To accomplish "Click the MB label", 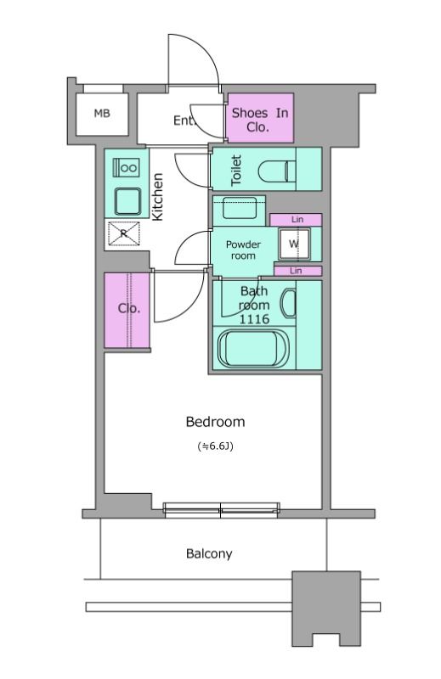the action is click(102, 114).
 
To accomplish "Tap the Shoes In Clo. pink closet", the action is click(260, 118).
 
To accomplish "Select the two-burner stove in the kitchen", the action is click(127, 167).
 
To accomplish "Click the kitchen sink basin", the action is click(127, 201).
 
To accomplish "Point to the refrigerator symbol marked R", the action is click(124, 233).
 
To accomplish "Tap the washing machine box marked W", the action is click(294, 244).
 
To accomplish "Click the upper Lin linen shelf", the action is click(296, 220).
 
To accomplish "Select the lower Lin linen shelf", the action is click(298, 271).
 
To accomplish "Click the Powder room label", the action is click(243, 250).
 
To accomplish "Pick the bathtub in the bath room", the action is click(254, 348).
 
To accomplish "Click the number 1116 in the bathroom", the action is click(255, 320).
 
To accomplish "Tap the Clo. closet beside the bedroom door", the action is click(127, 310).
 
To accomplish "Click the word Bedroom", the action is click(215, 422).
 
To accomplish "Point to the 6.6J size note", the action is click(216, 446).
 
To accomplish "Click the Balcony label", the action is click(209, 554).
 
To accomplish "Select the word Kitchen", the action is click(157, 197).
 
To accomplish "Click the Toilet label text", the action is click(236, 171).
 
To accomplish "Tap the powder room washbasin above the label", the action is click(239, 208).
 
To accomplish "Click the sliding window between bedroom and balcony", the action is click(221, 510).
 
